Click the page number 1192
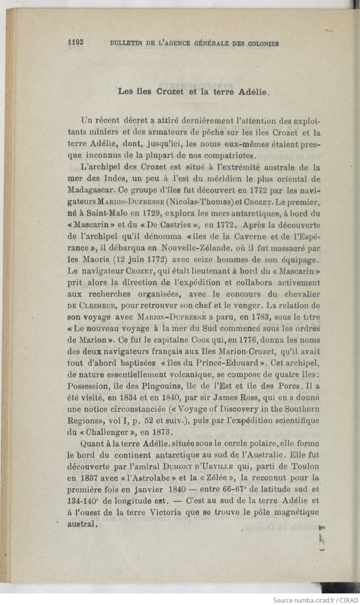pos(76,42)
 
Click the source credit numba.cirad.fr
pos(307,600)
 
